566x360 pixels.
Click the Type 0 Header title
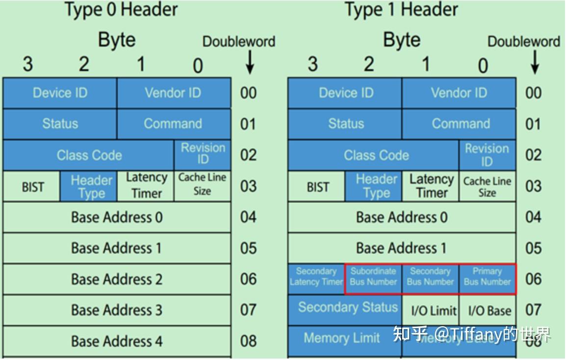[122, 9]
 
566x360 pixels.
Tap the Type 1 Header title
[401, 9]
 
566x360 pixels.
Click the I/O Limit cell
[430, 310]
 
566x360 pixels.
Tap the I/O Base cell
[487, 310]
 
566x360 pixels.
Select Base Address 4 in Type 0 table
[117, 341]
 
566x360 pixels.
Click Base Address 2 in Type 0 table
[117, 279]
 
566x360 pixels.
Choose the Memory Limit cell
[342, 338]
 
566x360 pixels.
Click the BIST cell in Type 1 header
[317, 187]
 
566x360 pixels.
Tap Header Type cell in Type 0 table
[89, 187]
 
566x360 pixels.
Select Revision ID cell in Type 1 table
[487, 155]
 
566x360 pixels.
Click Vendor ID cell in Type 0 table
[173, 93]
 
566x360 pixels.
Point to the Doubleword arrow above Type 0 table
[250, 63]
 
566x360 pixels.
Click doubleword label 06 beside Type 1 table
[533, 279]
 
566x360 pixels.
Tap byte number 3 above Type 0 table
[28, 64]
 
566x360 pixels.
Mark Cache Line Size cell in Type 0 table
[202, 184]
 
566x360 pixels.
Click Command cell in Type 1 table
[460, 124]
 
